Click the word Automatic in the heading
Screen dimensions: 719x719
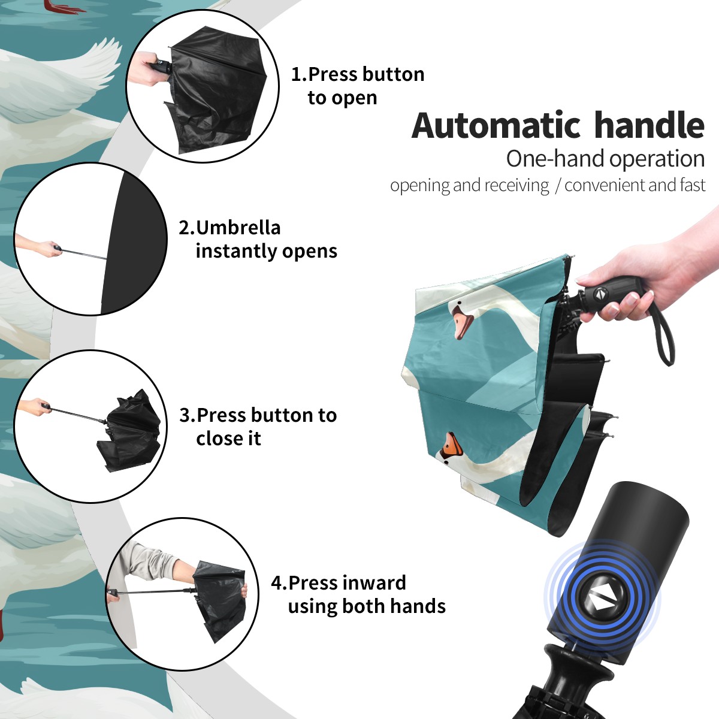coord(496,125)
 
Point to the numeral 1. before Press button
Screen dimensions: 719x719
coord(298,74)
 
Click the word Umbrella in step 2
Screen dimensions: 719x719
coord(238,228)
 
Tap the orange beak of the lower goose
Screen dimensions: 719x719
coord(451,445)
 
